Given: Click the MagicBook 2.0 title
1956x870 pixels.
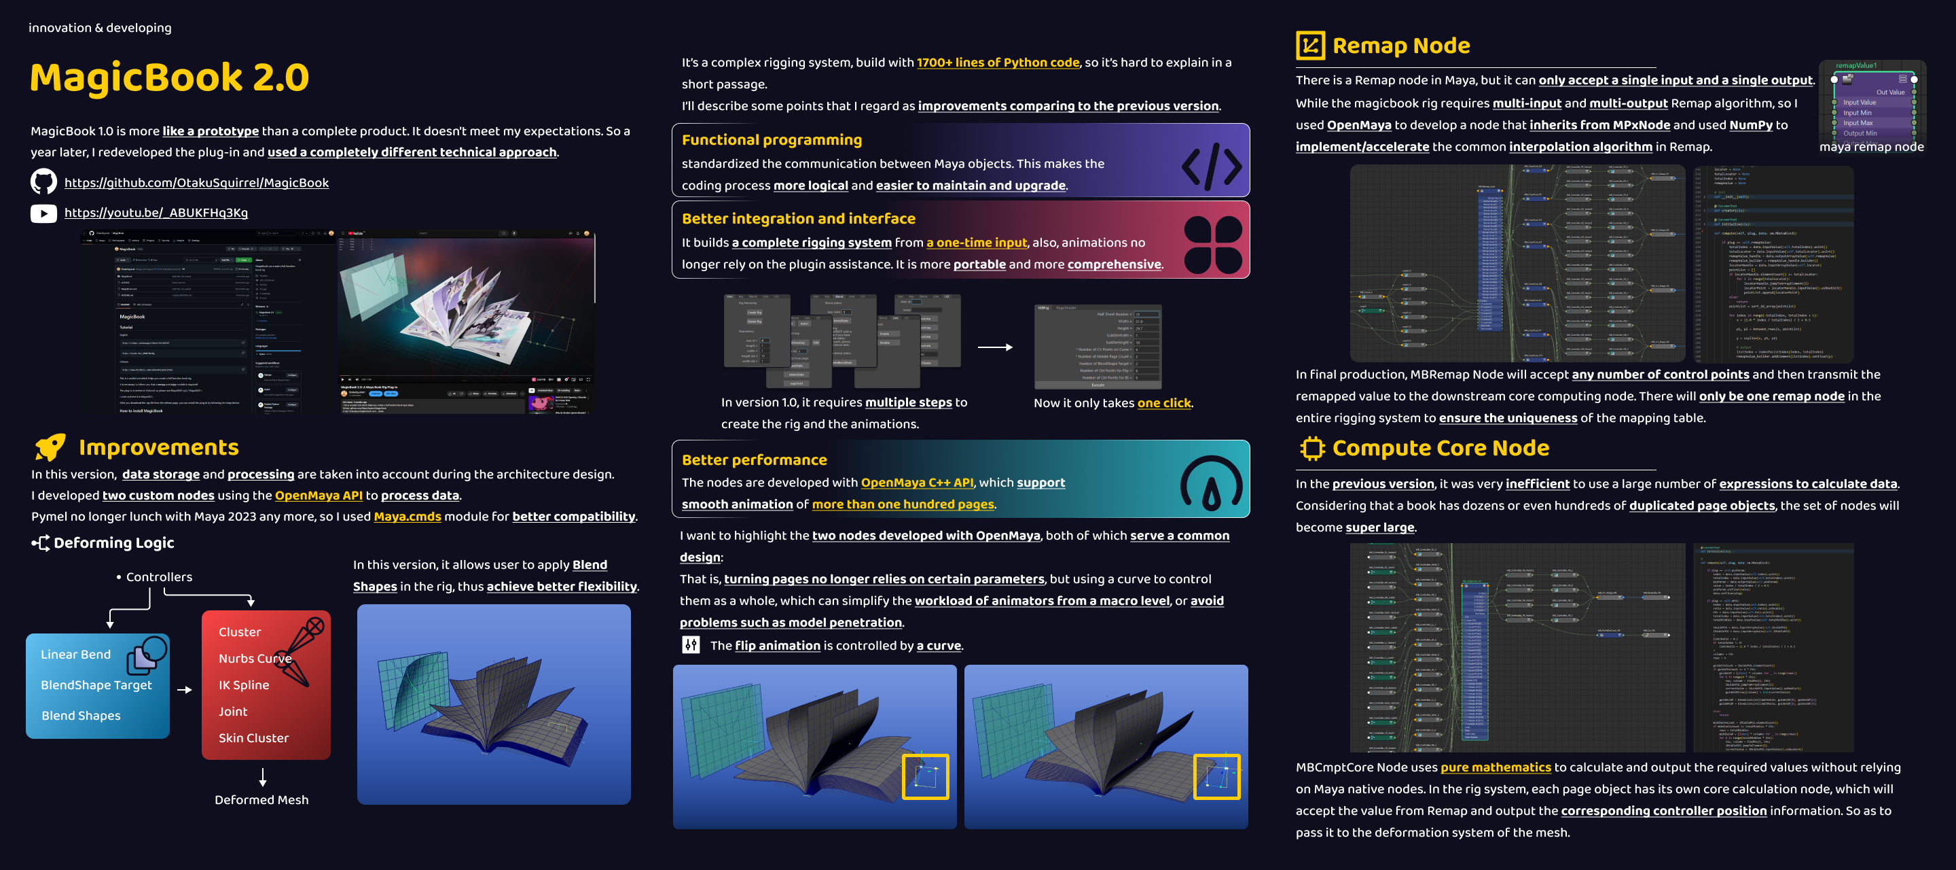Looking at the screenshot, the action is [169, 78].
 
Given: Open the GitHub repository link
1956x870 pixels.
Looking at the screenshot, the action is [196, 182].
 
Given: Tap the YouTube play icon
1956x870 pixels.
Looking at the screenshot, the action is [43, 213].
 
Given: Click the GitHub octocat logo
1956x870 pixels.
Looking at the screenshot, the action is [43, 181].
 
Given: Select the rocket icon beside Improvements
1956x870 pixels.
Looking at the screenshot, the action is [50, 447].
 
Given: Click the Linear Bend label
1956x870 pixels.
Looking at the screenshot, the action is [75, 655].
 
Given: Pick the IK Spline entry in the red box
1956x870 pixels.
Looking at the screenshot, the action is [244, 684].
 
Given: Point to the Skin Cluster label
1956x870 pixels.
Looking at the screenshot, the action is [253, 737].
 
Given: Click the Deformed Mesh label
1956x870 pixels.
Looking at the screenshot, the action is [261, 799].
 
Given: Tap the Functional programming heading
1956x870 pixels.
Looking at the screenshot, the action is [772, 140].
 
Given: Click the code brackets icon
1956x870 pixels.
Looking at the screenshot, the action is [1211, 166].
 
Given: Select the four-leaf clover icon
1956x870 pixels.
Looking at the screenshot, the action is [1212, 245].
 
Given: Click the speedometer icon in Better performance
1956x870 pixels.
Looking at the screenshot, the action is [1211, 483].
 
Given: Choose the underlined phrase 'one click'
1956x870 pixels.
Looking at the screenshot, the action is [1163, 402].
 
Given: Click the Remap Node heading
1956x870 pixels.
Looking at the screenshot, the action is [1400, 46].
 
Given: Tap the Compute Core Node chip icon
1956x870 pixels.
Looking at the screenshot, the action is [1311, 449].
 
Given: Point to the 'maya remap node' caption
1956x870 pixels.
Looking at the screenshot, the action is [1871, 147].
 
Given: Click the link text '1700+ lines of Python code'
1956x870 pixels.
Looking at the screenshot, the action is [997, 63].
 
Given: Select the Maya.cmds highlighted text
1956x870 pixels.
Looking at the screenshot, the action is [407, 517].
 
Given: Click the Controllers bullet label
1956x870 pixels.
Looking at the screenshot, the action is [159, 576].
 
